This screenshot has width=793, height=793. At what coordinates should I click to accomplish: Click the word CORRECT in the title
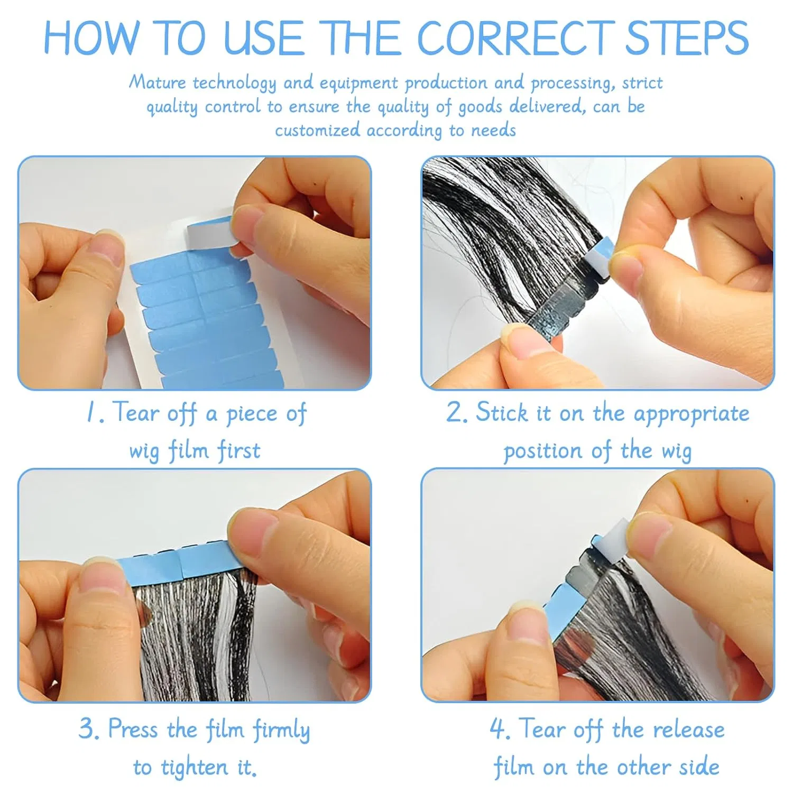pyautogui.click(x=515, y=38)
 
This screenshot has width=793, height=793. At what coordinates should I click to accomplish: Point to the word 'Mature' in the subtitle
pyautogui.click(x=158, y=82)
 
